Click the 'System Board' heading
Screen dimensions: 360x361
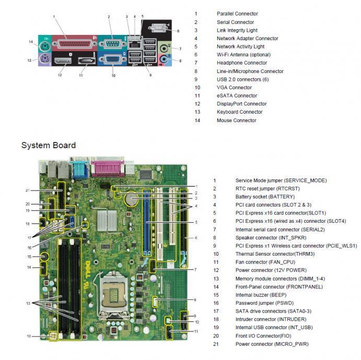48,146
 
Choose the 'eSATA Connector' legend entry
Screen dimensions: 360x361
237,95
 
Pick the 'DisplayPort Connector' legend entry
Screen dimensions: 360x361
241,104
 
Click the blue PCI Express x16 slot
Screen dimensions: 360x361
148,224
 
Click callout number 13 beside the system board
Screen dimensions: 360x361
27,303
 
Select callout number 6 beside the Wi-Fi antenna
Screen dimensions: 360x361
178,31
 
